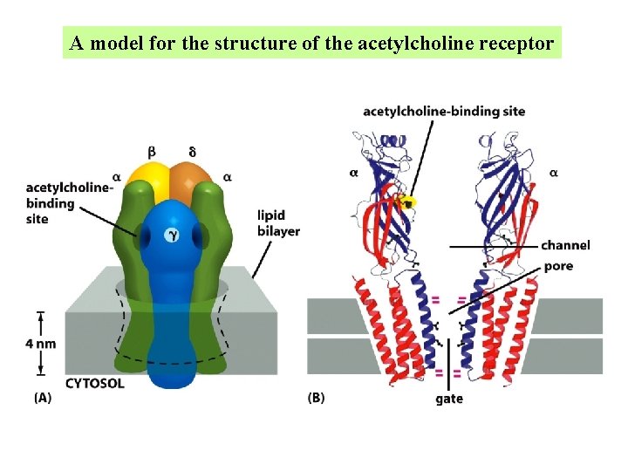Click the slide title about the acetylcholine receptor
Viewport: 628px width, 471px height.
click(x=312, y=43)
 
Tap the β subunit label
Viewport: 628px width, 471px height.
click(x=152, y=152)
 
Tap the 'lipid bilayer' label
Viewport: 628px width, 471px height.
click(x=278, y=223)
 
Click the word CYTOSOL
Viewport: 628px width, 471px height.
click(x=95, y=383)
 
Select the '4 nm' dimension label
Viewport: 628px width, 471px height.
click(x=40, y=344)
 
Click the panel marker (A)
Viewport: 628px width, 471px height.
click(x=42, y=398)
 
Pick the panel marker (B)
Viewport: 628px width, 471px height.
click(x=317, y=398)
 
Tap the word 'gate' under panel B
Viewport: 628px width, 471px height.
click(x=448, y=399)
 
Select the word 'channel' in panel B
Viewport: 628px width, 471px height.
click(x=565, y=245)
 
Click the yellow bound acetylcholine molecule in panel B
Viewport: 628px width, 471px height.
click(x=406, y=202)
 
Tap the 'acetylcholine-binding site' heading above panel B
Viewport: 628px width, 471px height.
click(x=444, y=111)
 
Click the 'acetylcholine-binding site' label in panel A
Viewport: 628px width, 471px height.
click(x=68, y=202)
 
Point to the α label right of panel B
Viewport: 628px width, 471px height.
click(x=554, y=173)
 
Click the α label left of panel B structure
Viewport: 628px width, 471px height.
click(x=353, y=173)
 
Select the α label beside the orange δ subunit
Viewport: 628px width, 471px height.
click(x=228, y=176)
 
